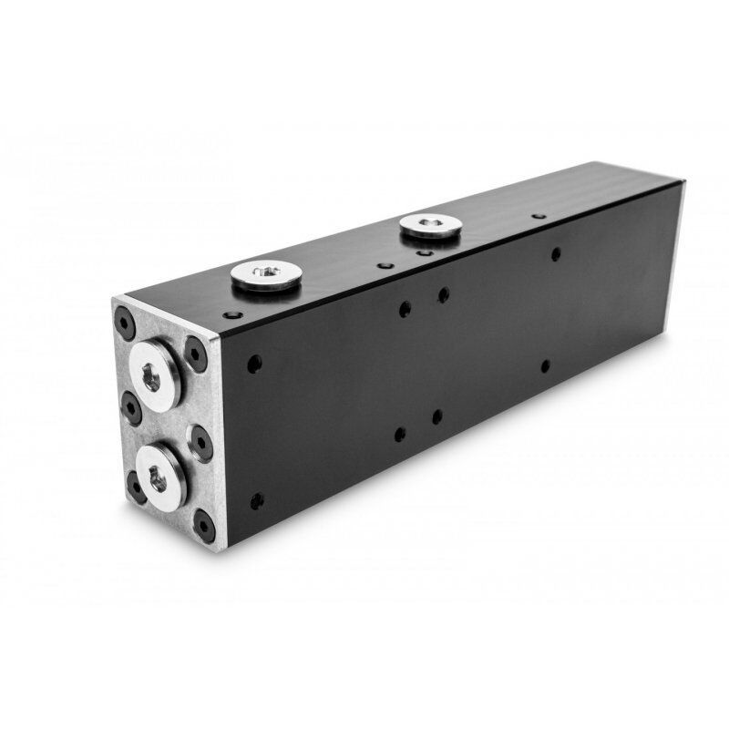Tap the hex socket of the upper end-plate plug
(x=150, y=375)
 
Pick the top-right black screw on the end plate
(x=196, y=355)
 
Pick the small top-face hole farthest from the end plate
(x=539, y=217)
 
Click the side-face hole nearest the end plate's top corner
(x=255, y=362)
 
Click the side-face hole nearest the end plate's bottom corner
(x=257, y=500)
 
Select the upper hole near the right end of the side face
(x=555, y=254)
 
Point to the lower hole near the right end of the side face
(x=545, y=366)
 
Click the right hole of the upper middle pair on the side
(x=443, y=294)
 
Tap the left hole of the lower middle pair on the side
(x=400, y=435)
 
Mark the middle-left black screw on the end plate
(x=130, y=406)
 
